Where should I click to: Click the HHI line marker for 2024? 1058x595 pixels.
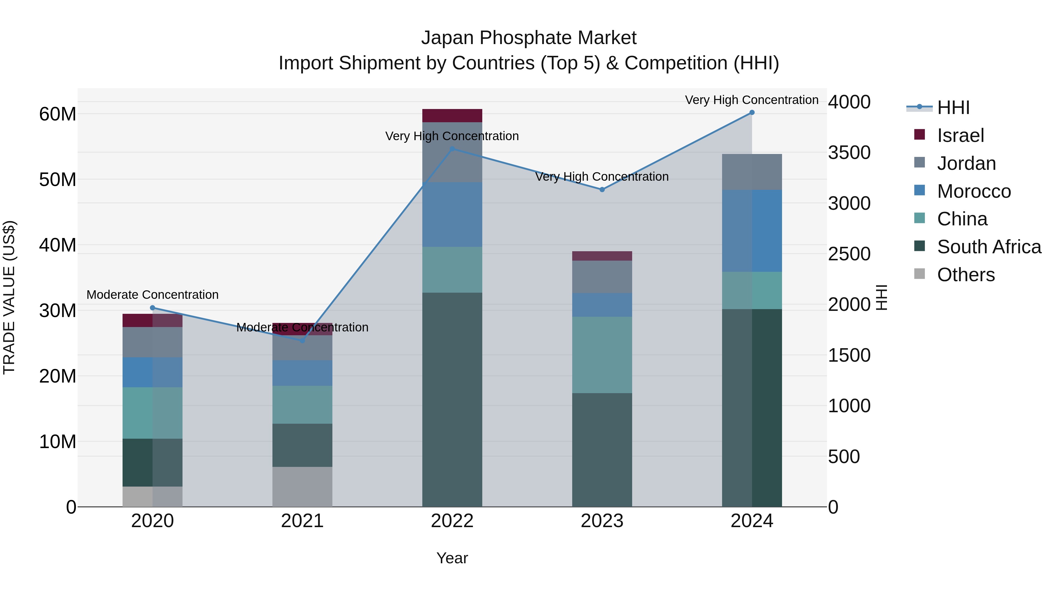[x=751, y=113]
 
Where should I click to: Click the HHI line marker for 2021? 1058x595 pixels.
[x=302, y=341]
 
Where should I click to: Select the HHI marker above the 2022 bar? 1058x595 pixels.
[x=452, y=149]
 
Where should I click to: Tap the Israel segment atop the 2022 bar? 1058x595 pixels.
[x=452, y=115]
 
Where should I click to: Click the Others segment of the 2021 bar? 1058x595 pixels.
[x=302, y=487]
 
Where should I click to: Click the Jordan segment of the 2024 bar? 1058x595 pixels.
[x=751, y=172]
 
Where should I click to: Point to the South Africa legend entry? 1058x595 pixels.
[x=989, y=247]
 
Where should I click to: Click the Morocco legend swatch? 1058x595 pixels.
[x=920, y=190]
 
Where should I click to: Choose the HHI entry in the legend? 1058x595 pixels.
[x=953, y=108]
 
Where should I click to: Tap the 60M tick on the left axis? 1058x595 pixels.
[x=58, y=114]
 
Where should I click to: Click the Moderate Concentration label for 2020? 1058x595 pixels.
[x=152, y=295]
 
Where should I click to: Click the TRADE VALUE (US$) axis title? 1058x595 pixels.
[x=9, y=297]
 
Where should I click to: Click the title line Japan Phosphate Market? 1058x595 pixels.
[x=529, y=38]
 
